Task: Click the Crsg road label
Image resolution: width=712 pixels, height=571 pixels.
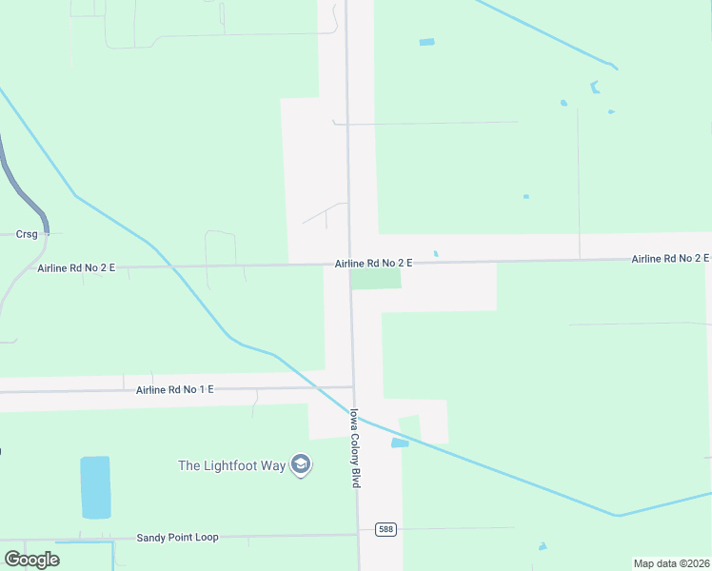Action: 27,234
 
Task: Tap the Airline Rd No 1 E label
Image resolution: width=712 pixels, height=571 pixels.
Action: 175,390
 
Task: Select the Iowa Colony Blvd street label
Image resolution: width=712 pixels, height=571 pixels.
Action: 355,448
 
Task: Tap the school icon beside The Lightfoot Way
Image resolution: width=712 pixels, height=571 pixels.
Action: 302,465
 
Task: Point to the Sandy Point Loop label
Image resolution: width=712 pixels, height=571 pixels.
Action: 178,538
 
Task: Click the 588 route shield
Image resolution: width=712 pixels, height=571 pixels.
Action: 385,529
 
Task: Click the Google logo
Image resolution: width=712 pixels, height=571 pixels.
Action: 31,560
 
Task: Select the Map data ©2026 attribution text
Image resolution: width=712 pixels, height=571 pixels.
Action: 671,563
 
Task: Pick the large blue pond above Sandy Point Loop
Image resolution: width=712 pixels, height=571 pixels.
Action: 95,486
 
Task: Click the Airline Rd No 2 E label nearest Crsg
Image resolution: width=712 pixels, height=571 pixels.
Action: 76,268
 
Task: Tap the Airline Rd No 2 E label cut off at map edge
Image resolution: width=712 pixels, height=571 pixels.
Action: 671,259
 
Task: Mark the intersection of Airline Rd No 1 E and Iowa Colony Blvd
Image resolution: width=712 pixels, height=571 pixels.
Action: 353,386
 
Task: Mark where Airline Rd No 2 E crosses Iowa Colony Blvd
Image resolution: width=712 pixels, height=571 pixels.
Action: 348,264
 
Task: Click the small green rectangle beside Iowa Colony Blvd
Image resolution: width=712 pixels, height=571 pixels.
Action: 376,278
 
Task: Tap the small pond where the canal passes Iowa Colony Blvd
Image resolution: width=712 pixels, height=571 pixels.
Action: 400,443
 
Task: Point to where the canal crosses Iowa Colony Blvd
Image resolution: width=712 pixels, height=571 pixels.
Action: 356,415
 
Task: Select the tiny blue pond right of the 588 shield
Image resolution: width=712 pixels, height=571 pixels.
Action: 542,546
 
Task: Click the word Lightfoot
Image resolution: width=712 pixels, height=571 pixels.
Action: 245,465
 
